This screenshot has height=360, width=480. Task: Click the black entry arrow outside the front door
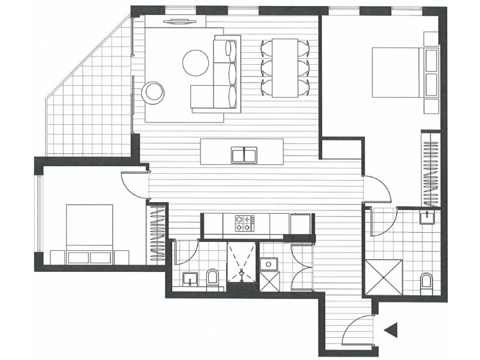pyautogui.click(x=392, y=329)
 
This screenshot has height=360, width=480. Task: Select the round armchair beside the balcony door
pyautogui.click(x=153, y=92)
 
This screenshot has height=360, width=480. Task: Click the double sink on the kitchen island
pyautogui.click(x=244, y=155)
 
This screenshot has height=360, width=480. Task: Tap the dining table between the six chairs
pyautogui.click(x=285, y=67)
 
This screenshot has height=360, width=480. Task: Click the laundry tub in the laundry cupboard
pyautogui.click(x=268, y=265)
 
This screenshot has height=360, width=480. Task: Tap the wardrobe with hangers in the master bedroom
pyautogui.click(x=430, y=168)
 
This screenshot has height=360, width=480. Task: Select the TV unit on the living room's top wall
pyautogui.click(x=180, y=22)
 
